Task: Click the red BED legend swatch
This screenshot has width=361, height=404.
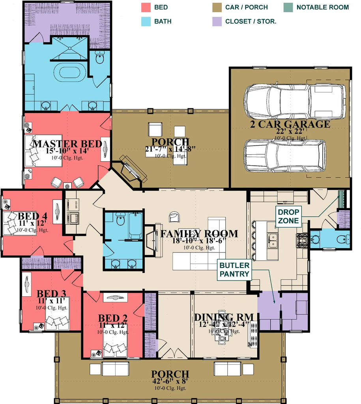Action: [146, 7]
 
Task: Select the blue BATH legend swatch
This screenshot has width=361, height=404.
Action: [146, 21]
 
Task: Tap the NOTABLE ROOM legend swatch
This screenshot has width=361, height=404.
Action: [288, 7]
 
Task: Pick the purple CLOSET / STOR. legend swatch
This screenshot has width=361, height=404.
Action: [217, 21]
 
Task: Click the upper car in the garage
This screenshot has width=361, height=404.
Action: [294, 101]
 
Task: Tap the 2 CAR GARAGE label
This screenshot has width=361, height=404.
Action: [290, 124]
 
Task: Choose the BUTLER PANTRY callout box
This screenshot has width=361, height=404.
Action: [234, 270]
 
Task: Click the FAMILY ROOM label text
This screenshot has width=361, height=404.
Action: [199, 234]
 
